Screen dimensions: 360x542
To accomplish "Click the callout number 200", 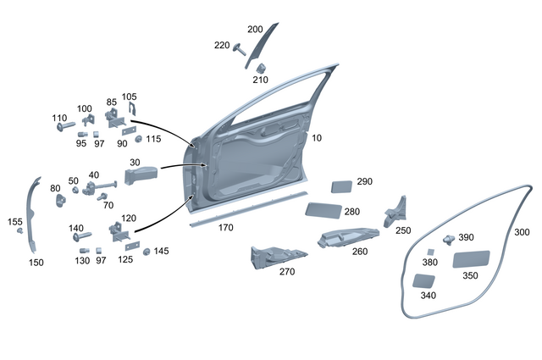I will [x=255, y=28].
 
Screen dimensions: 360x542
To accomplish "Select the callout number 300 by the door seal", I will [x=522, y=231].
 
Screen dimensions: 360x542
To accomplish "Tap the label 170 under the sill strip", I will [x=225, y=228].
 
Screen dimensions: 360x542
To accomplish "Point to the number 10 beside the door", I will [x=316, y=137].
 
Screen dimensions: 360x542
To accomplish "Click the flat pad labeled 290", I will [x=340, y=186].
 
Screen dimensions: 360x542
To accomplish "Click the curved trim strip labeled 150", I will [x=34, y=216].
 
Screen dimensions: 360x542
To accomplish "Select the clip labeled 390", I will [x=448, y=240].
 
